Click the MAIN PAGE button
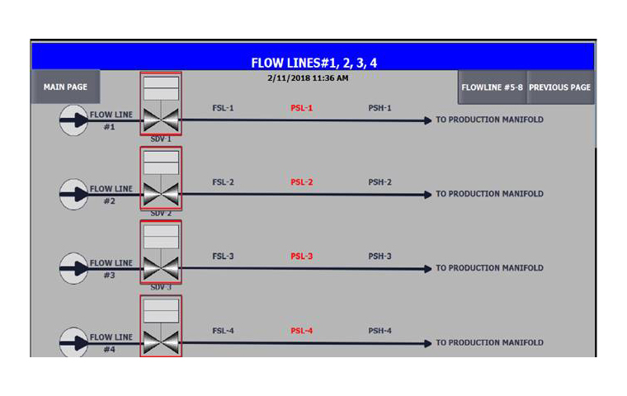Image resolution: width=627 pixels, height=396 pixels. point(65,87)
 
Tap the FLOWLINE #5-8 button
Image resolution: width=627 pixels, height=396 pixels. point(491,87)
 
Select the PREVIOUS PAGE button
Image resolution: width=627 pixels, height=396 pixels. point(559,87)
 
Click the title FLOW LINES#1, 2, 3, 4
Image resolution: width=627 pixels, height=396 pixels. point(313,63)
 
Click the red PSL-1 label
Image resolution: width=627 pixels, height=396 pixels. point(301,108)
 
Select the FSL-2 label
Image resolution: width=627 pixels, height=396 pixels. point(223,182)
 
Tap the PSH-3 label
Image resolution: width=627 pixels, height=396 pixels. point(379,257)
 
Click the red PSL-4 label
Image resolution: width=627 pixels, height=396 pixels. point(301,331)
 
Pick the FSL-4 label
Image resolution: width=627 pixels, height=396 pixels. point(223,331)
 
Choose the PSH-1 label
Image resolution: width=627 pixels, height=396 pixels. point(379,108)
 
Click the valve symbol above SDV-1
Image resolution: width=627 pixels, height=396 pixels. point(161,120)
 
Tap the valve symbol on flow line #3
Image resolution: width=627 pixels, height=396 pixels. point(161,268)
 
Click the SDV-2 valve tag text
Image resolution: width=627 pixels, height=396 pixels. point(161,213)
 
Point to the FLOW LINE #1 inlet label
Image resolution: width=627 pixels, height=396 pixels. point(111,120)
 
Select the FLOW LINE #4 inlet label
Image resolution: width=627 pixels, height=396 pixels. point(111,343)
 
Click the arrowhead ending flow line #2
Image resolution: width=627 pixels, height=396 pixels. point(427,195)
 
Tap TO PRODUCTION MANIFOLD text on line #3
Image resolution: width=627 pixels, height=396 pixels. point(489,268)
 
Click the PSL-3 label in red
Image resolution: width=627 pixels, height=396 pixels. point(301,257)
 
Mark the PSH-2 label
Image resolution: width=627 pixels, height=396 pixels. point(379,182)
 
